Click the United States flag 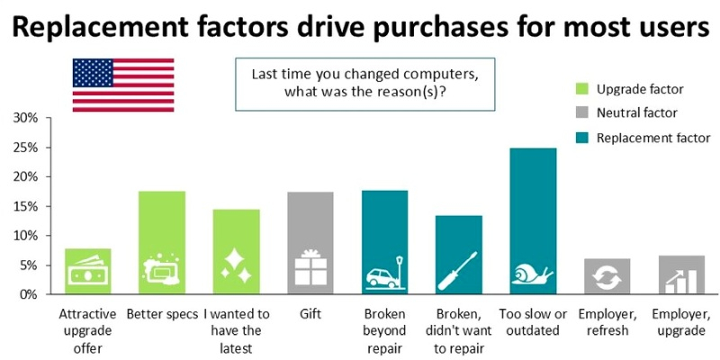pos(111,85)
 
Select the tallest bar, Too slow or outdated pos(533,220)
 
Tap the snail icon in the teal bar pos(533,275)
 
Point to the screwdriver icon pos(458,266)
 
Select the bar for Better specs pos(162,243)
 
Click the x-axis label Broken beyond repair pos(384,331)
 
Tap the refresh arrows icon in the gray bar pos(607,278)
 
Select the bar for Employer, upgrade pos(681,275)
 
